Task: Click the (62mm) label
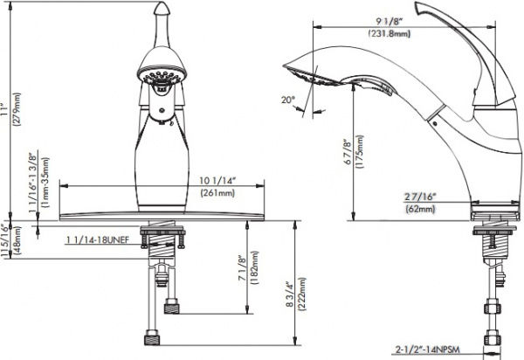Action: (x=420, y=211)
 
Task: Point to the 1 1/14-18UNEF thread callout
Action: (x=98, y=238)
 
